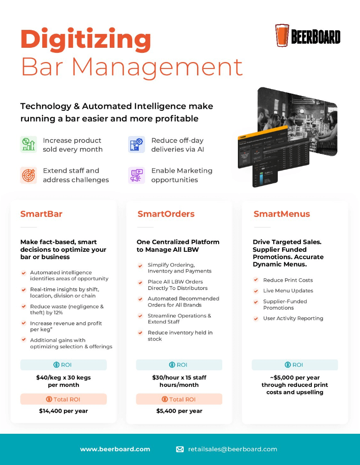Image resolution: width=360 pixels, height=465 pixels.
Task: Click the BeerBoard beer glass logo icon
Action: [x=282, y=35]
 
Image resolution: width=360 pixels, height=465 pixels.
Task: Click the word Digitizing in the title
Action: [x=85, y=40]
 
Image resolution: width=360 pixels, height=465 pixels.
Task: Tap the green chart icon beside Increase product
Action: [x=28, y=144]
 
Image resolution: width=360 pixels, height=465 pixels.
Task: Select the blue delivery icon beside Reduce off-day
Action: [x=136, y=144]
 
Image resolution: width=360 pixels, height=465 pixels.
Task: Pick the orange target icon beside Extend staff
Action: [x=28, y=175]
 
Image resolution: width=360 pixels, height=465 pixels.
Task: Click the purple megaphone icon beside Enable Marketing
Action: [x=136, y=175]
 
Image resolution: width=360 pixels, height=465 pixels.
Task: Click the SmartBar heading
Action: [x=41, y=214]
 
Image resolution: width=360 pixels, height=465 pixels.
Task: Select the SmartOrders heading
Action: [x=166, y=214]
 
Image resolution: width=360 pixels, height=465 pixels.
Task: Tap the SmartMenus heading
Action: [x=282, y=214]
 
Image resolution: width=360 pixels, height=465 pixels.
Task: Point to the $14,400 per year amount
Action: [x=63, y=411]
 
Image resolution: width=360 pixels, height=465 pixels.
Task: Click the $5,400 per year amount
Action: [x=179, y=411]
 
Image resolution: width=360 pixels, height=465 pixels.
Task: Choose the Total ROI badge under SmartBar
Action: [x=63, y=399]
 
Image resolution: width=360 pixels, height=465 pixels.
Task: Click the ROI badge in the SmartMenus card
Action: [x=295, y=365]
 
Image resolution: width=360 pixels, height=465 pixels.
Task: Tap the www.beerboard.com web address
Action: [x=115, y=449]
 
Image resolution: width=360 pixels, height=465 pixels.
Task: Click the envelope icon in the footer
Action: [x=180, y=449]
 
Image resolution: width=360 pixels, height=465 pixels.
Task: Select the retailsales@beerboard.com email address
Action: [x=233, y=449]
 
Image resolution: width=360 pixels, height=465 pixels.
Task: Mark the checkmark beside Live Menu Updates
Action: [x=256, y=291]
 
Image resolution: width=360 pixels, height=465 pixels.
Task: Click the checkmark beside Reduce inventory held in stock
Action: [x=141, y=333]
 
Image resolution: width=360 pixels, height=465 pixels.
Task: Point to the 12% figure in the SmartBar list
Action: [x=58, y=312]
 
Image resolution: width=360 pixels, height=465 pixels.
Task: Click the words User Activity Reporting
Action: [x=293, y=318]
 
